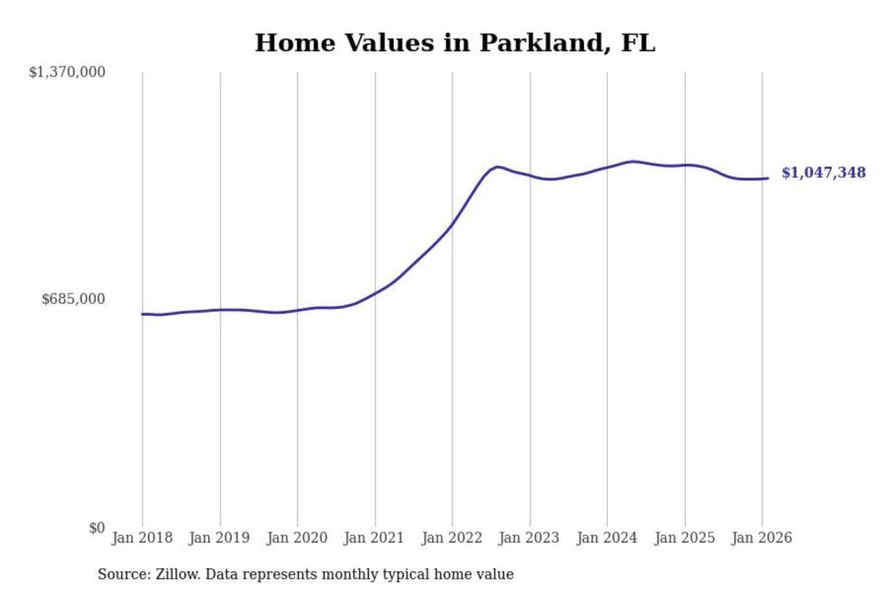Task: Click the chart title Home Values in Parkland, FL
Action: [x=454, y=43]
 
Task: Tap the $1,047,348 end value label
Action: [x=823, y=173]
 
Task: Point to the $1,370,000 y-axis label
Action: [x=67, y=72]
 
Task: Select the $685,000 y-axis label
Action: [x=73, y=299]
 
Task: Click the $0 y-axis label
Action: [x=97, y=528]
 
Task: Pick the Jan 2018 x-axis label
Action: [x=142, y=538]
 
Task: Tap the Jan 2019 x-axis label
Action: [x=219, y=538]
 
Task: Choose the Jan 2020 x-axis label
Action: [x=297, y=538]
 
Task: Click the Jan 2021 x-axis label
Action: [x=374, y=538]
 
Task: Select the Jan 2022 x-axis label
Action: [x=451, y=538]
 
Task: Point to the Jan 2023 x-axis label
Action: [x=528, y=538]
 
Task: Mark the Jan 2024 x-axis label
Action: [x=606, y=538]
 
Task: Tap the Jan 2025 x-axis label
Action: [x=684, y=538]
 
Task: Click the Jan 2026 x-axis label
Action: [x=761, y=538]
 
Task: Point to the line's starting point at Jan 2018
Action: [x=142, y=314]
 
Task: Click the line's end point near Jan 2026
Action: [x=768, y=178]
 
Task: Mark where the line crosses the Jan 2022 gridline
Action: [x=452, y=224]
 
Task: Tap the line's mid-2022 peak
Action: [x=497, y=166]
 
